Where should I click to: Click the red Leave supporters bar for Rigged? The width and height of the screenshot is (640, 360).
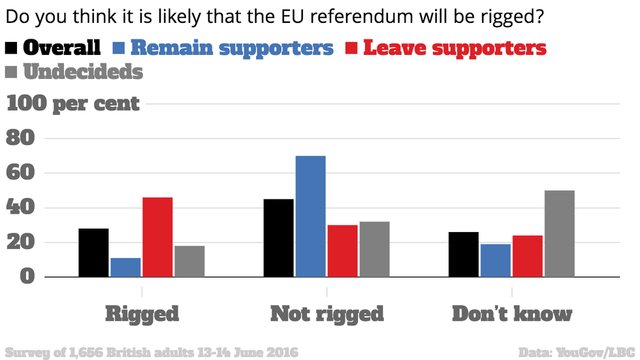(x=157, y=237)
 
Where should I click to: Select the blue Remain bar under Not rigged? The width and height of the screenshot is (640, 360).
(x=310, y=216)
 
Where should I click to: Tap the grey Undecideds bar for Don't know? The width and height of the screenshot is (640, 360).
(x=560, y=234)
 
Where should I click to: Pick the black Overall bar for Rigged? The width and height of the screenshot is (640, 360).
(x=93, y=253)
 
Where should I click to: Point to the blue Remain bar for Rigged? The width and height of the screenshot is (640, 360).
(x=125, y=267)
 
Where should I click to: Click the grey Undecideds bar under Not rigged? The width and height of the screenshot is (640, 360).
(x=374, y=250)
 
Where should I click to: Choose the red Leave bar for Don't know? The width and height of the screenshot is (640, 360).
(x=528, y=256)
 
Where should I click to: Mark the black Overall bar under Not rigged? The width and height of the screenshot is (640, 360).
(x=278, y=238)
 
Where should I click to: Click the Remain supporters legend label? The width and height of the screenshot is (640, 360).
(x=232, y=48)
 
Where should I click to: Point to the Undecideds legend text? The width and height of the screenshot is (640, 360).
(x=83, y=71)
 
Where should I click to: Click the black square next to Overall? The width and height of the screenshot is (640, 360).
(x=12, y=48)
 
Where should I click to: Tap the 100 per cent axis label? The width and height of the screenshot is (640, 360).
(x=73, y=103)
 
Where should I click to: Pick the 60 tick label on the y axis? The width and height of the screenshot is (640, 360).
(x=20, y=173)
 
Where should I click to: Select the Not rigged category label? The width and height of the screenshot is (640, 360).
(x=327, y=314)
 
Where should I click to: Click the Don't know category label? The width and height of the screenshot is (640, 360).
(x=512, y=314)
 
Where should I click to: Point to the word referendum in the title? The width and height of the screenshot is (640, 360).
(x=353, y=16)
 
